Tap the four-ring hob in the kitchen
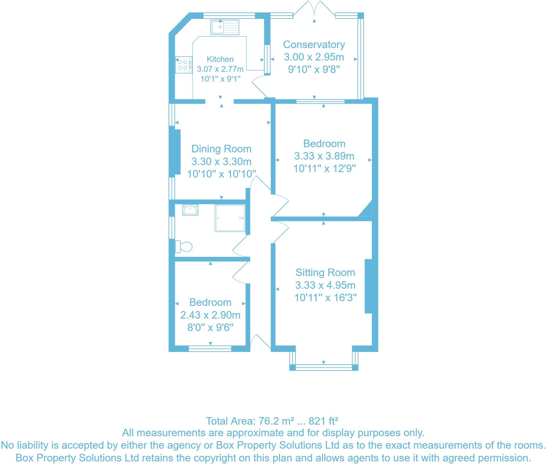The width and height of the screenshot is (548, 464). click(x=183, y=65)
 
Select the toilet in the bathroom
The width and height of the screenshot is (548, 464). click(x=184, y=247)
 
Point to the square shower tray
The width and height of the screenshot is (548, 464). click(x=230, y=218)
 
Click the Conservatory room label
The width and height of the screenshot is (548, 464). click(x=314, y=45)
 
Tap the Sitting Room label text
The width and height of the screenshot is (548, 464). click(x=325, y=273)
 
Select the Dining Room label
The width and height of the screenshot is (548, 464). click(x=221, y=149)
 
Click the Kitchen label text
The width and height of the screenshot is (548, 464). click(x=220, y=59)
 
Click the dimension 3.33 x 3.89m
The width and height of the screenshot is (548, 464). click(x=324, y=156)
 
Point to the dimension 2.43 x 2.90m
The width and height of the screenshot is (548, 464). click(x=210, y=315)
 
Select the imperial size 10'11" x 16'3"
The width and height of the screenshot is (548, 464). click(x=325, y=297)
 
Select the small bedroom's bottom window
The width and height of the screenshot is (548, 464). click(x=210, y=348)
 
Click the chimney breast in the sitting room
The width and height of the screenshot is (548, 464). click(x=368, y=286)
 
